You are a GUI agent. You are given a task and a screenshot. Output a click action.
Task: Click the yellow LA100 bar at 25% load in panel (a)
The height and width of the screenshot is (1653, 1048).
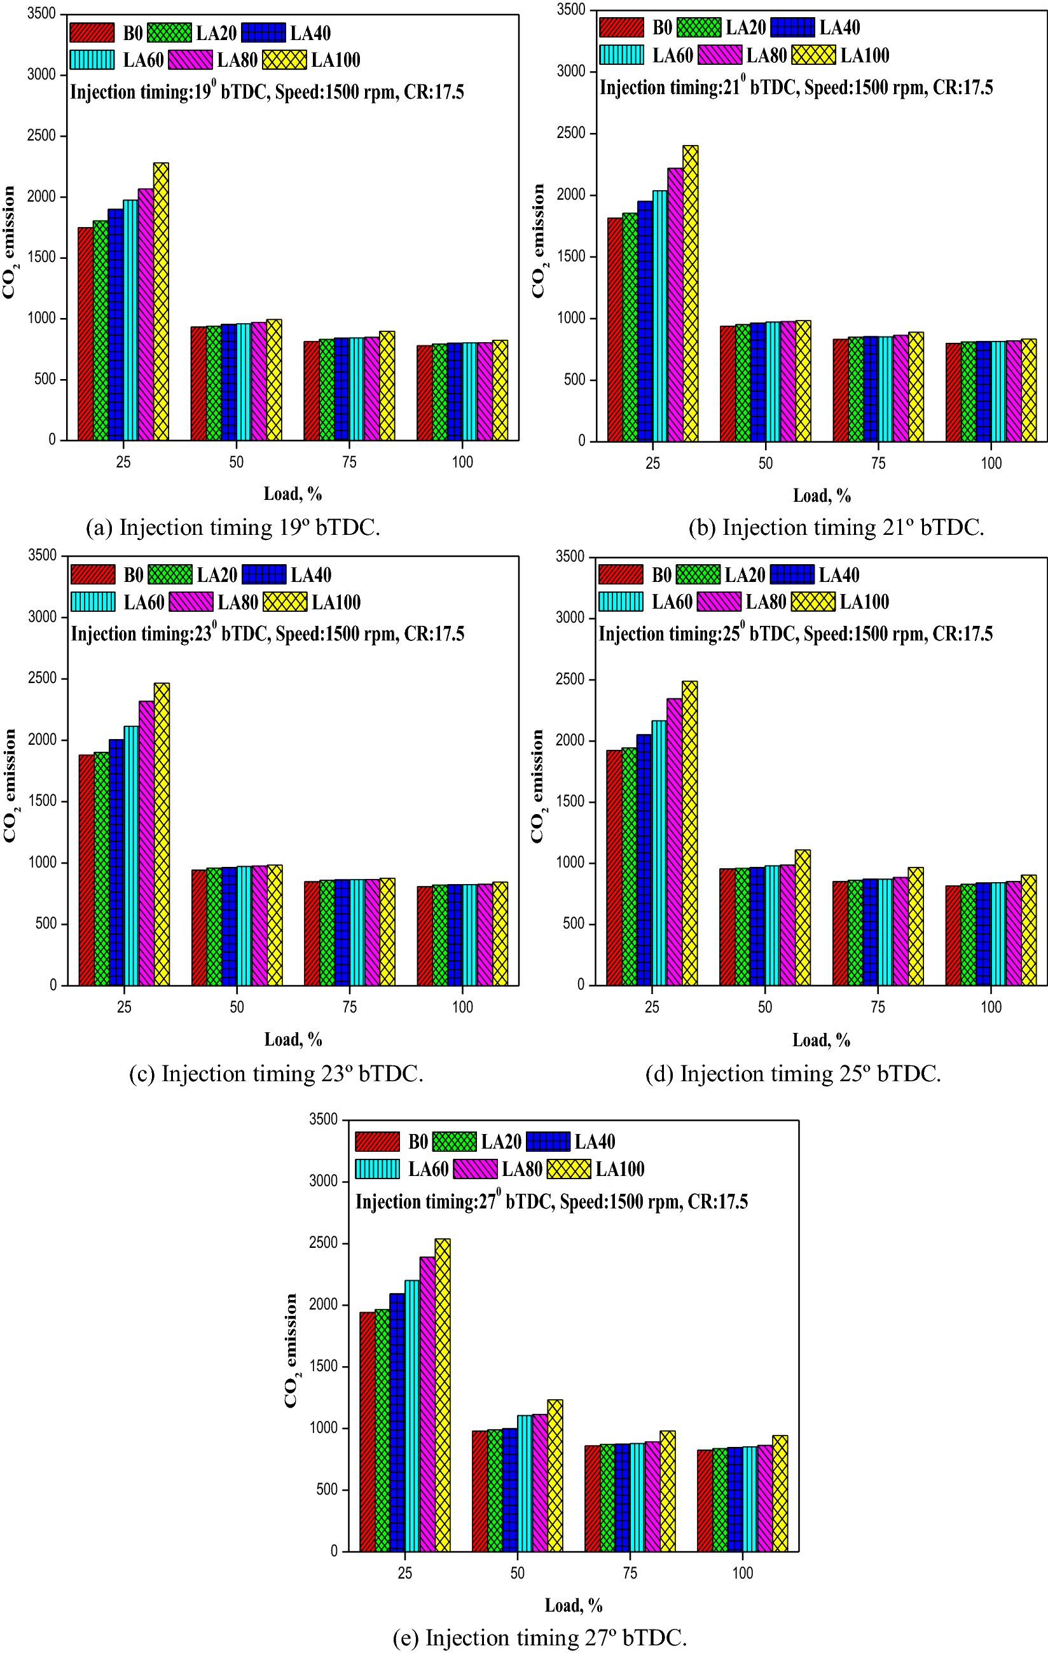pos(161,302)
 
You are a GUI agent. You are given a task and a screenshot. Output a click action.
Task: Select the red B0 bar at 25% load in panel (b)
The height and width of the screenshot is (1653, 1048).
pos(614,329)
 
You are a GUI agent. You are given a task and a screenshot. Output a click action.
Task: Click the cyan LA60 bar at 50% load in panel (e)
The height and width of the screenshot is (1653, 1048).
pos(525,1483)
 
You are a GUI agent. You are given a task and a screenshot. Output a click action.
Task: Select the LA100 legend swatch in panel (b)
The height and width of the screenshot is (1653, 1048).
pos(813,55)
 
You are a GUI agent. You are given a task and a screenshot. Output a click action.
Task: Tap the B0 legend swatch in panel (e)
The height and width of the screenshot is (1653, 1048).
pos(377,1142)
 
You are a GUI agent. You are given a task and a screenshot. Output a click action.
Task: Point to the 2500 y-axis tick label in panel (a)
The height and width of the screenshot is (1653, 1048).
pos(42,135)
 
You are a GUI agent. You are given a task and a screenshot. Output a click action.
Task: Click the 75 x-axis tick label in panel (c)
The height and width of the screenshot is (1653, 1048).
pos(349,1007)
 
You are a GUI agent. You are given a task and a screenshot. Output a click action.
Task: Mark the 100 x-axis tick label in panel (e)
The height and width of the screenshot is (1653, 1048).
pos(742,1573)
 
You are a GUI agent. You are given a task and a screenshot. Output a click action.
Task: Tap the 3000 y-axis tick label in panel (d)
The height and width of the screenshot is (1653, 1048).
pos(570,618)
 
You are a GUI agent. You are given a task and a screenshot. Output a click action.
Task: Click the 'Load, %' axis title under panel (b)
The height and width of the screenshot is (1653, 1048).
pos(822,495)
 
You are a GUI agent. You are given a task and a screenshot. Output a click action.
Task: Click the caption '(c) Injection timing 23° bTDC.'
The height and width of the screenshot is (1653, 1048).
pos(276,1074)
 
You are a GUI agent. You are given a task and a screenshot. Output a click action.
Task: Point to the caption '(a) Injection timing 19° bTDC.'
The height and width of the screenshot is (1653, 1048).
pos(233,527)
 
